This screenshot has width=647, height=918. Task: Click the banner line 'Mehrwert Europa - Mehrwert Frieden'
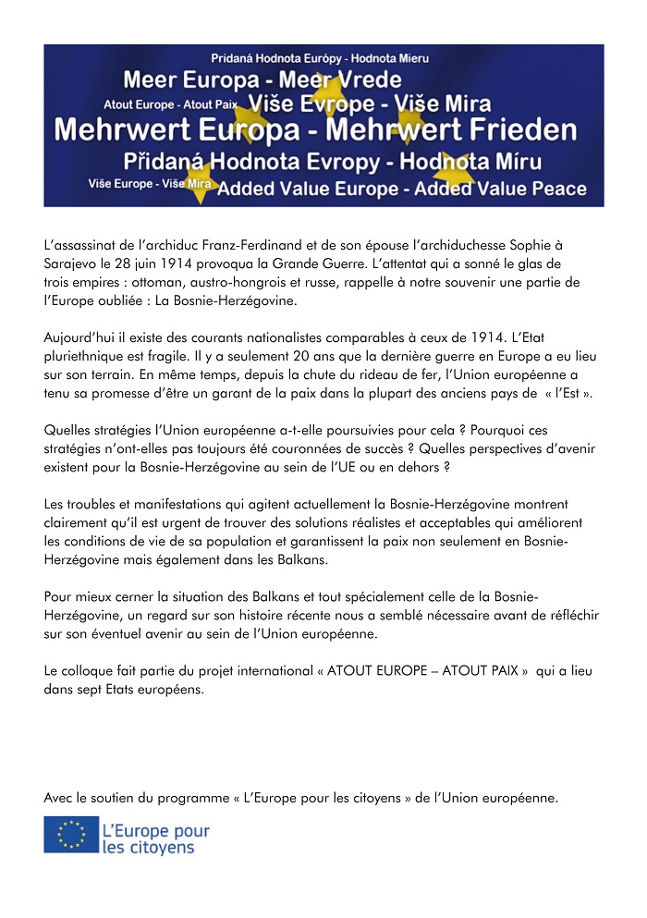tap(315, 130)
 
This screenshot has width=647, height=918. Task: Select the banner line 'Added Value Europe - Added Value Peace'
tap(401, 190)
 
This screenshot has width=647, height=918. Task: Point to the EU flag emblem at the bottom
tap(71, 835)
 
